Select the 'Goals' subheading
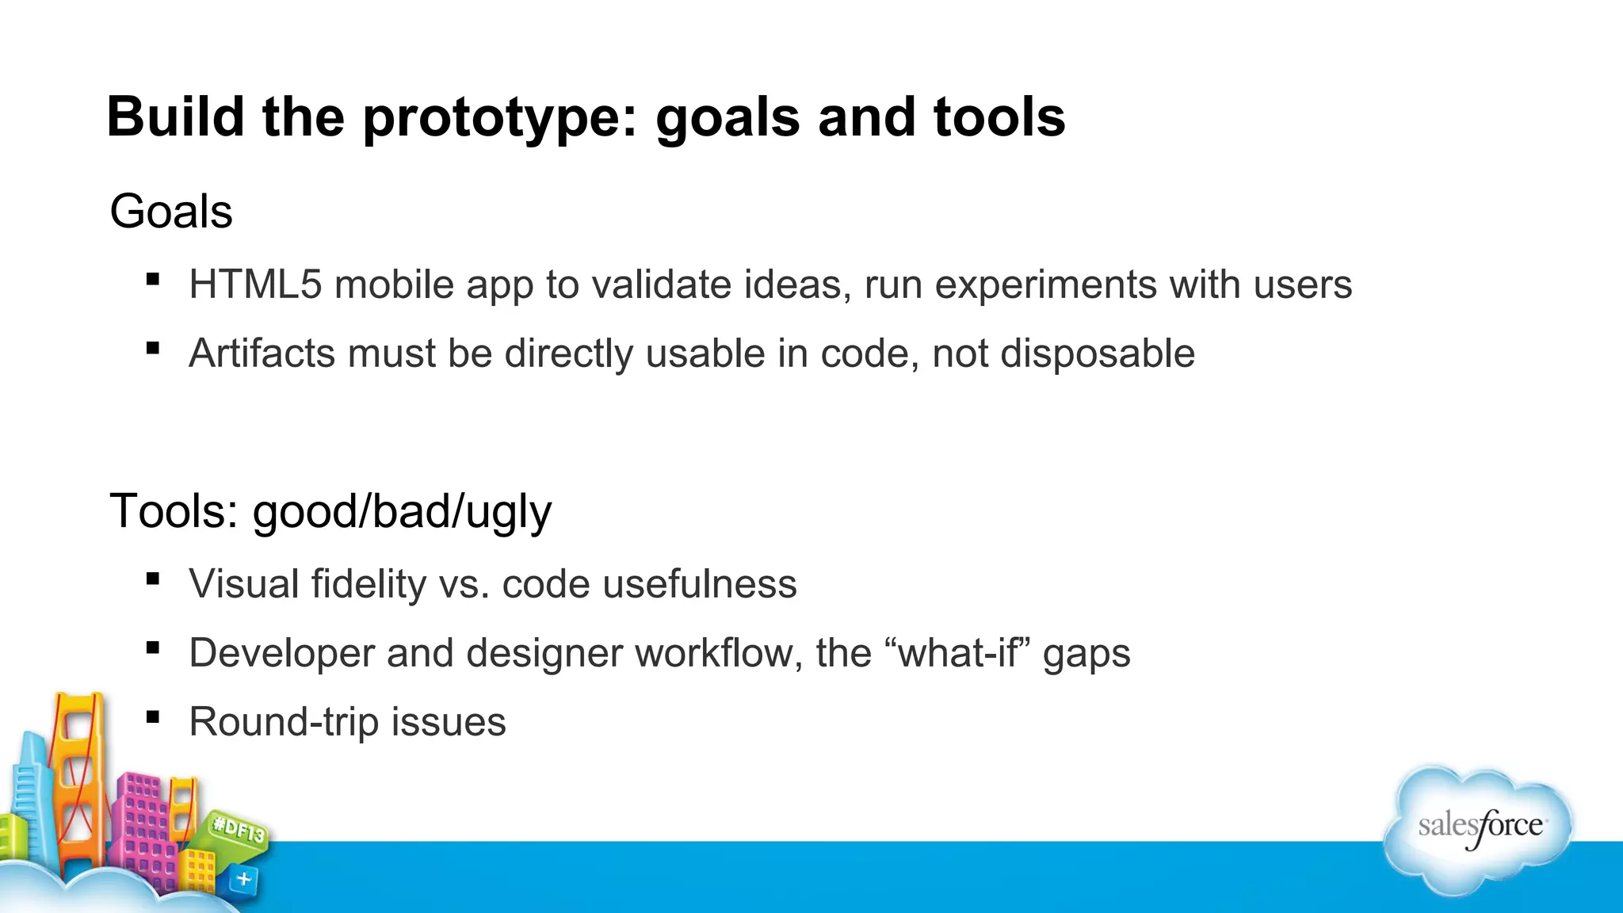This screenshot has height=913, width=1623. (x=171, y=212)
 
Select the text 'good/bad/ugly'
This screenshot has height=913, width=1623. (x=402, y=512)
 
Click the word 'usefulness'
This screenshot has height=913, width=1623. (x=699, y=584)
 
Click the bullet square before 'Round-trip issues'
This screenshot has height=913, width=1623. (x=153, y=717)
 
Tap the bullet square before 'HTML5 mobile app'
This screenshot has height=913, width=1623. (x=153, y=279)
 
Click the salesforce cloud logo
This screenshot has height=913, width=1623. (x=1479, y=828)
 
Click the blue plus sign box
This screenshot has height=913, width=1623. (x=244, y=879)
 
